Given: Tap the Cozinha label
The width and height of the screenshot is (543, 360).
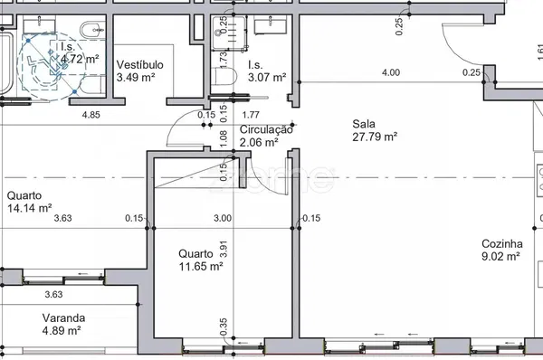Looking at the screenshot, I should pos(502,243).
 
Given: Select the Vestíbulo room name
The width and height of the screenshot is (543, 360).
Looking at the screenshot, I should pos(139,65).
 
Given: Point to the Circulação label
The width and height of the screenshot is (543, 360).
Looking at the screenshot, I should pos(266,130).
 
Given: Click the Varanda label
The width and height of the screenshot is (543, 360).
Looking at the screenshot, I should pos(63,318).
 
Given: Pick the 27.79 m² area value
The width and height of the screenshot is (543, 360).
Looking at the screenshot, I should pos(376,137).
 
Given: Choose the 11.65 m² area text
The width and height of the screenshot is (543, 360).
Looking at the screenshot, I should pos(200,267).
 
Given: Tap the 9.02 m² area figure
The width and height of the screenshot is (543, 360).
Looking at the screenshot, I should pos(500,256).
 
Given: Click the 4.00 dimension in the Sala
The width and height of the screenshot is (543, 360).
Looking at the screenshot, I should pos(391,72).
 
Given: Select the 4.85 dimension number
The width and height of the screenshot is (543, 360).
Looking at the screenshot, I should pos(90,115).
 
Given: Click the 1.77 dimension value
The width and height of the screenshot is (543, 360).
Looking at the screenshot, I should pos(252,115).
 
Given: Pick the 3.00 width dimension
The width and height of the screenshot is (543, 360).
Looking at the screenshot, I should pos(223,218).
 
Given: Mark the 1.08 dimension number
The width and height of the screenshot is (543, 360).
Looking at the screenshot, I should pos(224,138).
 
